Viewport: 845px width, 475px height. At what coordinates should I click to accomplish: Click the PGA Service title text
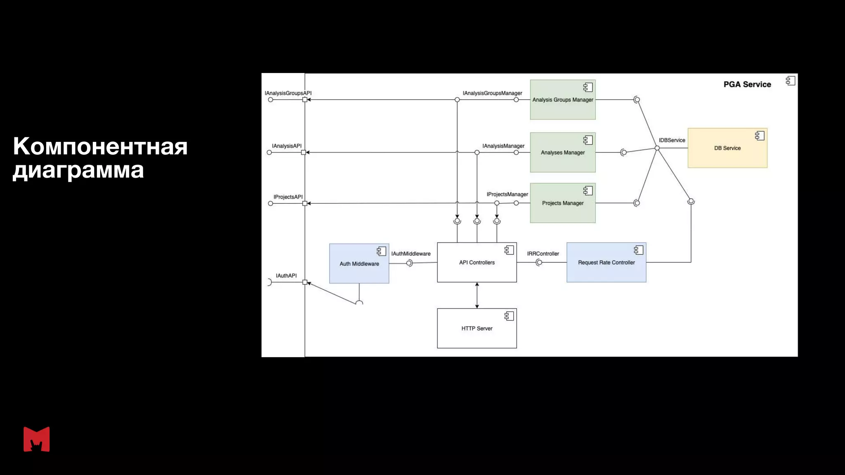tap(747, 85)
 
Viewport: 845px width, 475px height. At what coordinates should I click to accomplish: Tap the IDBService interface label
tap(672, 140)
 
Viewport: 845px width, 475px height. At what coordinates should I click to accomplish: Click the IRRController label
tap(543, 254)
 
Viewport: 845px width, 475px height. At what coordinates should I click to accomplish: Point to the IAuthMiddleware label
tap(411, 254)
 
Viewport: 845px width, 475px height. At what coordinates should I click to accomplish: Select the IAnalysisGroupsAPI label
tap(288, 93)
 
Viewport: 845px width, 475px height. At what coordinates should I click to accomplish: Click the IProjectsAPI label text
tap(288, 197)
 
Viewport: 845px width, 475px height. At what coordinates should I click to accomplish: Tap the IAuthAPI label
tap(286, 276)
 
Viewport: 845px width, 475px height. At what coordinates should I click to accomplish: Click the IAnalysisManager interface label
tap(503, 146)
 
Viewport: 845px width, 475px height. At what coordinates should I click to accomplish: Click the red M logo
tap(37, 439)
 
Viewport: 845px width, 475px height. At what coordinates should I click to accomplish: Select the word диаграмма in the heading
tap(78, 170)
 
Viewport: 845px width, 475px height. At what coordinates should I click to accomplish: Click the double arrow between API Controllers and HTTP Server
tap(477, 295)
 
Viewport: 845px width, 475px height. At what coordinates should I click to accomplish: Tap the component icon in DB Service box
tap(760, 136)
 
